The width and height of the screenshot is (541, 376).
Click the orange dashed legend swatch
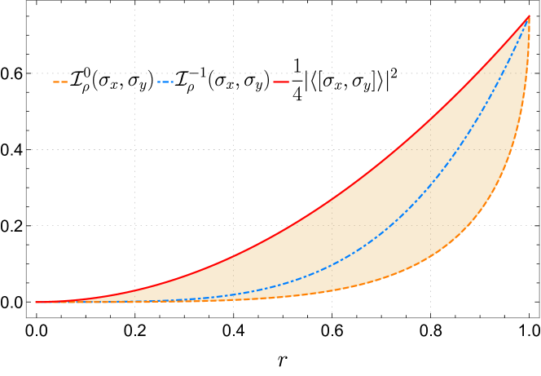60,82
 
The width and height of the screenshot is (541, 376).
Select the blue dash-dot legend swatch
165,82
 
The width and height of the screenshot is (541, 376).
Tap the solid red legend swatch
281,82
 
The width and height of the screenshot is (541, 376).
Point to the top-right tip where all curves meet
530,15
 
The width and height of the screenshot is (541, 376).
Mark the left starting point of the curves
36,302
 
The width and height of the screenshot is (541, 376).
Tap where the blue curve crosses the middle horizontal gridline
450,149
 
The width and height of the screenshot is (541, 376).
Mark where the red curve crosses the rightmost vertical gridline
430,119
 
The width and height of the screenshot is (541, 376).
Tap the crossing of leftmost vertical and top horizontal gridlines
134,73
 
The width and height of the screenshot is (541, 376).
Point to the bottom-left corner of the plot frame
26,317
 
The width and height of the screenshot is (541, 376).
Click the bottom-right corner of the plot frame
539,317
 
